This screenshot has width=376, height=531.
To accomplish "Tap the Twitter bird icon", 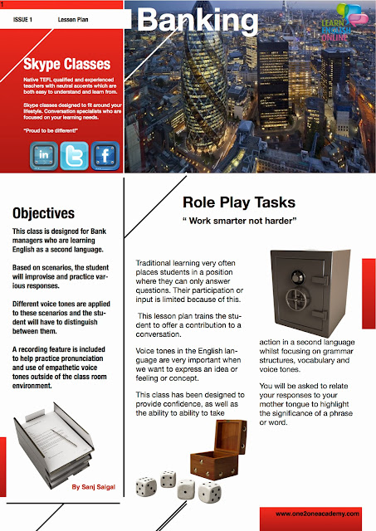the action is coord(75,155).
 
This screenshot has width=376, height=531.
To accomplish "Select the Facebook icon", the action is coord(105,155).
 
